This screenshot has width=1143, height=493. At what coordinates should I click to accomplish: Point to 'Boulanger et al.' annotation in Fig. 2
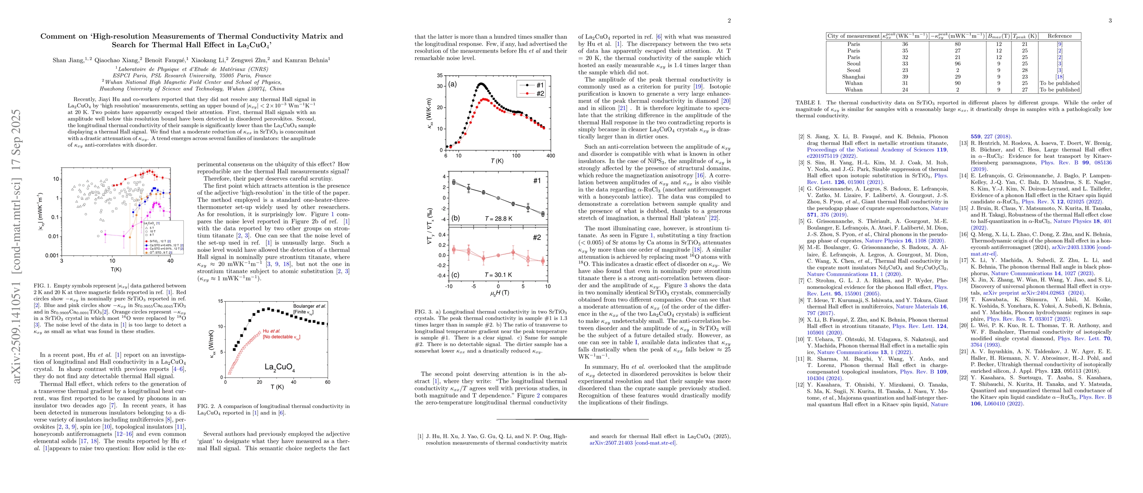click(309, 306)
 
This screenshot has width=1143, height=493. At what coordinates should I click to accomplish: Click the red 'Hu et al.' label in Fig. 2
click(272, 331)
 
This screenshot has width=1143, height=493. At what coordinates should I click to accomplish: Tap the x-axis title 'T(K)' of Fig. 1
click(116, 270)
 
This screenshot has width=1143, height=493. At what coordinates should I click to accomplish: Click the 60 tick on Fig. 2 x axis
click(328, 382)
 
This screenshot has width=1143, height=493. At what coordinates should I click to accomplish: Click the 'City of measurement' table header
click(853, 36)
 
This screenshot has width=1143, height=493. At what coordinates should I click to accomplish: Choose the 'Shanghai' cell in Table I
click(853, 77)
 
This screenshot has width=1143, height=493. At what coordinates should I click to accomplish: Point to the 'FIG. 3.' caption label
click(424, 312)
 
